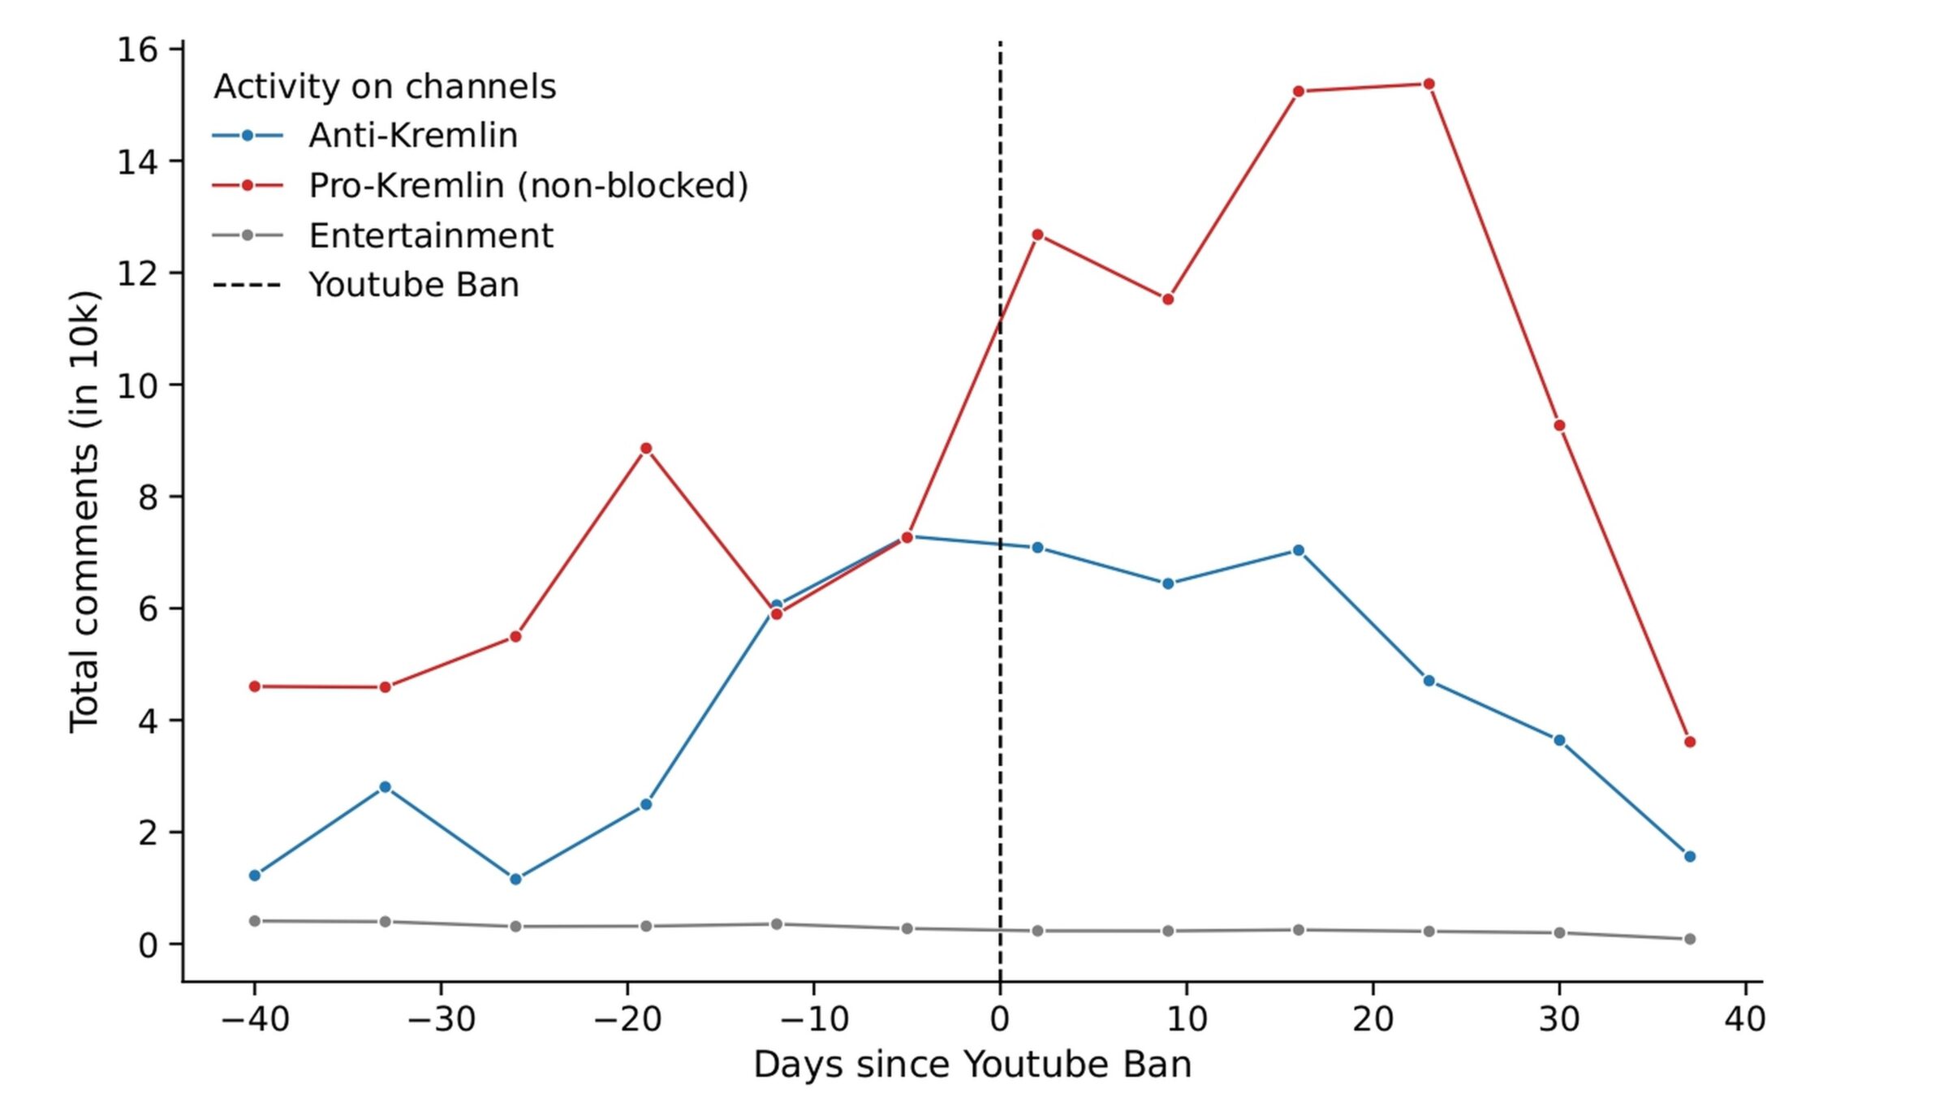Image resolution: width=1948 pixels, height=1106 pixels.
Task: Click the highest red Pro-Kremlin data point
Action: coord(1429,84)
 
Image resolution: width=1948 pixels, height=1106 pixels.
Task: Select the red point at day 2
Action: coord(1037,235)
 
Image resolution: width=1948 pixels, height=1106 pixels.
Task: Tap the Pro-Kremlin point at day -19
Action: coord(646,449)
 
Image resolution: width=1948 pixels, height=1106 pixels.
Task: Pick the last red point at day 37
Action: coord(1690,742)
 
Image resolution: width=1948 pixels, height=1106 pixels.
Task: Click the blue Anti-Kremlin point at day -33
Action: coord(385,787)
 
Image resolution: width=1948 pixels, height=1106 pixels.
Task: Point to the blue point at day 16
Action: coord(1298,550)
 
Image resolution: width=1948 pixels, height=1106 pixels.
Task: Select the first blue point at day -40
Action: coord(255,876)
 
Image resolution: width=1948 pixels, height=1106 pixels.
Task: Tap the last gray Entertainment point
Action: coord(1690,939)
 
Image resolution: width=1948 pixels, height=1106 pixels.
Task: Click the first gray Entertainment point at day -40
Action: coord(255,921)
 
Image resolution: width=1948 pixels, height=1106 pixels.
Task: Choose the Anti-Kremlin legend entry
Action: coord(412,136)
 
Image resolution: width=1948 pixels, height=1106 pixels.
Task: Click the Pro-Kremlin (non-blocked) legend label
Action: coord(528,186)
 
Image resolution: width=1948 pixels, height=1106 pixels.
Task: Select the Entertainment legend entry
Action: coord(430,236)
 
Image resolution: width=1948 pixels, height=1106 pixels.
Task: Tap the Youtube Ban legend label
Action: coord(413,286)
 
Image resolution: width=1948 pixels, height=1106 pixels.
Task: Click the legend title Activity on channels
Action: coord(385,87)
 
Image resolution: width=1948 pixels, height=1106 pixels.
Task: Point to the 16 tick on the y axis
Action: coord(137,50)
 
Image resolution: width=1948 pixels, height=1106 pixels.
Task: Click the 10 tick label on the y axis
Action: coord(137,385)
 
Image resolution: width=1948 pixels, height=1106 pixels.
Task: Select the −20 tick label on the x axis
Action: coord(627,1019)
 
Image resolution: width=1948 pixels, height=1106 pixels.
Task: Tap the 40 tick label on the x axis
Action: coord(1745,1019)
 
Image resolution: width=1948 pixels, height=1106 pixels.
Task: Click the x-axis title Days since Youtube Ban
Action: coord(972,1065)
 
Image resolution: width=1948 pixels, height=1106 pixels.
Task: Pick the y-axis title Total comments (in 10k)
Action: coord(84,511)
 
